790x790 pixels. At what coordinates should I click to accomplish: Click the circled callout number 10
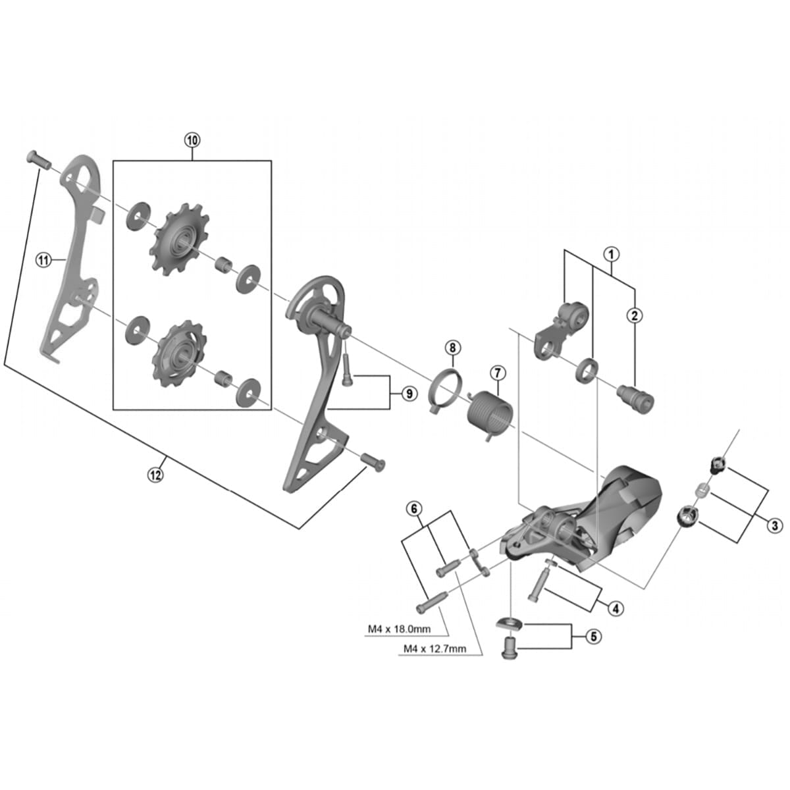coord(192,140)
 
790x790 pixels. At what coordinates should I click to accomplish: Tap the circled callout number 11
coord(43,261)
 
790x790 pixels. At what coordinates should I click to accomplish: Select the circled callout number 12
coord(155,475)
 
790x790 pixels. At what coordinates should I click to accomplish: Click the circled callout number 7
coord(497,373)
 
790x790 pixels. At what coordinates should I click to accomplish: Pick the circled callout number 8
coord(453,347)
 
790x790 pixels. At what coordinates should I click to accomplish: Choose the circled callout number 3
coord(775,525)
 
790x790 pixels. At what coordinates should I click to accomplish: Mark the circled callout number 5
coord(593,637)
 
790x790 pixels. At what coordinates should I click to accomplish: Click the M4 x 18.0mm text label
coord(398,629)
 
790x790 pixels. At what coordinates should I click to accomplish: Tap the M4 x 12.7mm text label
coord(434,648)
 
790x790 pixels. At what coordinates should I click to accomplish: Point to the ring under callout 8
coord(444,392)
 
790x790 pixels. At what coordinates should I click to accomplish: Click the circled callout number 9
coord(409,394)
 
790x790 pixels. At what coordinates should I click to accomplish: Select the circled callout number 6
coord(413,508)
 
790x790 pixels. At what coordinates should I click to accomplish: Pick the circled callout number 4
coord(615,608)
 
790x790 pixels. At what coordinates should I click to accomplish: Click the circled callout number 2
coord(635,315)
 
